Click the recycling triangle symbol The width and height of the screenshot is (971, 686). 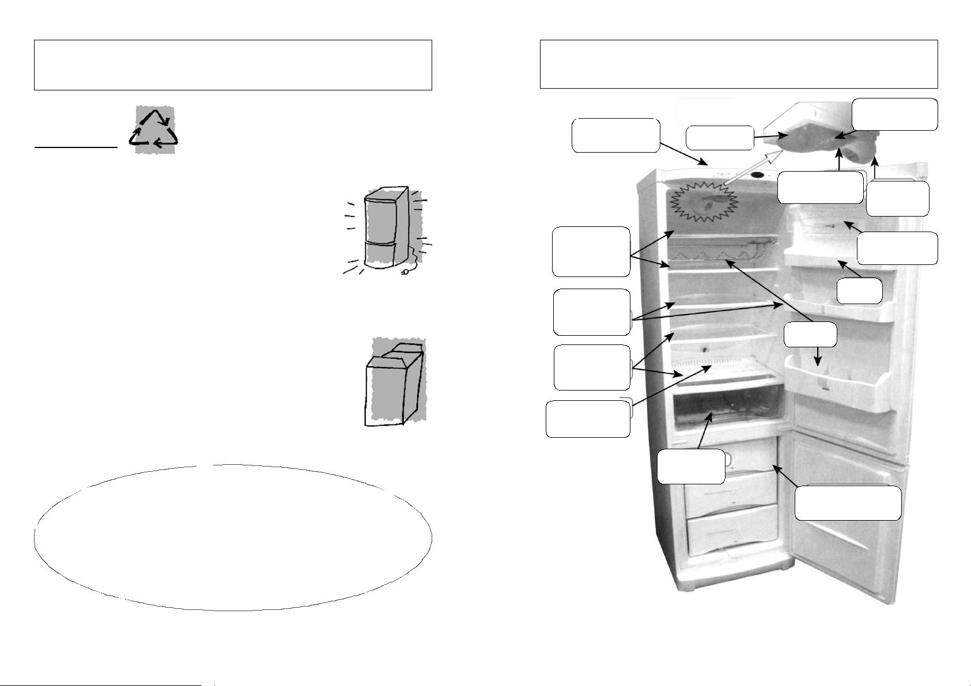(153, 130)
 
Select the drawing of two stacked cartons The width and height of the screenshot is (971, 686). (395, 381)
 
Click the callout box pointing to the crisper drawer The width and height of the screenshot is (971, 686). (691, 467)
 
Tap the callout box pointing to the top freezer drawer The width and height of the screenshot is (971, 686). (848, 503)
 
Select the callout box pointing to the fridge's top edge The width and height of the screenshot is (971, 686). (615, 135)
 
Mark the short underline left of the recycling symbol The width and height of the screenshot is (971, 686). (75, 147)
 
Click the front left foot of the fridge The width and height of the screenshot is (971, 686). (687, 585)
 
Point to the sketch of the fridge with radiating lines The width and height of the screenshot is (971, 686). (384, 230)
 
